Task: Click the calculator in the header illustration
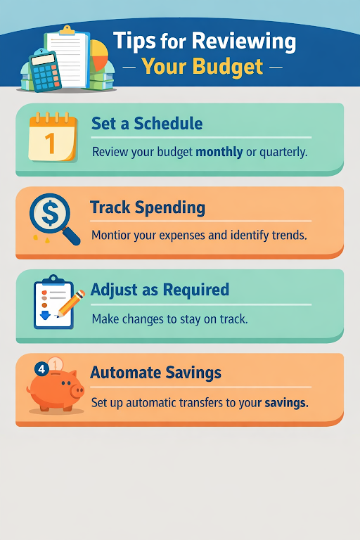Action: [x=45, y=71]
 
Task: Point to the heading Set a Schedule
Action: [x=147, y=123]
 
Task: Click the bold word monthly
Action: [x=219, y=152]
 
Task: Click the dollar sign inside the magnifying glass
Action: [x=50, y=212]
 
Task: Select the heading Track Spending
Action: [x=148, y=207]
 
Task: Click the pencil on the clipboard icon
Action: [x=70, y=304]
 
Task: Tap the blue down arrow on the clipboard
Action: [x=45, y=315]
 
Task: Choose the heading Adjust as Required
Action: [x=160, y=290]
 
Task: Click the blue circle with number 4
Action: [x=41, y=369]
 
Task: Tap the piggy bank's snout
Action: [x=77, y=391]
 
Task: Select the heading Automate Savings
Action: [x=155, y=373]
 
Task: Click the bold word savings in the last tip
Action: [x=286, y=403]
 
